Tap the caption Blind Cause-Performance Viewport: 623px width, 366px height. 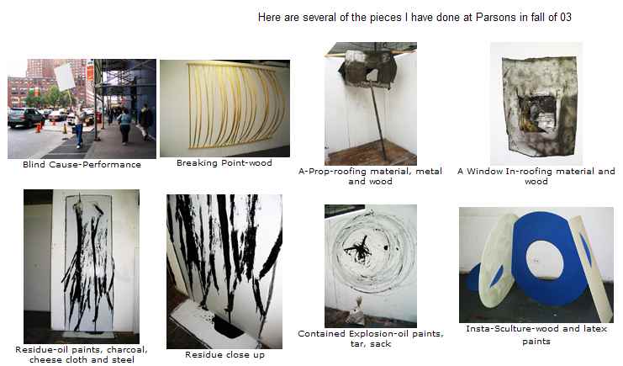coord(82,164)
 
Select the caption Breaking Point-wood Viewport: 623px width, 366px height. coord(224,162)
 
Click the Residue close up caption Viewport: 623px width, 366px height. coord(224,354)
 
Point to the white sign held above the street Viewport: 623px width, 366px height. coord(65,77)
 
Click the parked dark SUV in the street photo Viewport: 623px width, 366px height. coord(25,118)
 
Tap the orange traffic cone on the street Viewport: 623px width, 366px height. coord(39,128)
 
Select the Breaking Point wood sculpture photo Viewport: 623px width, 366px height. coord(224,109)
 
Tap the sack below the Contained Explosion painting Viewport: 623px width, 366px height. coord(356,311)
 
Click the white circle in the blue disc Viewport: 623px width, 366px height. coord(544,261)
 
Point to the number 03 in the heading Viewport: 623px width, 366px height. coord(566,17)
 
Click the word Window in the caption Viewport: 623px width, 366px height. coord(484,171)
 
